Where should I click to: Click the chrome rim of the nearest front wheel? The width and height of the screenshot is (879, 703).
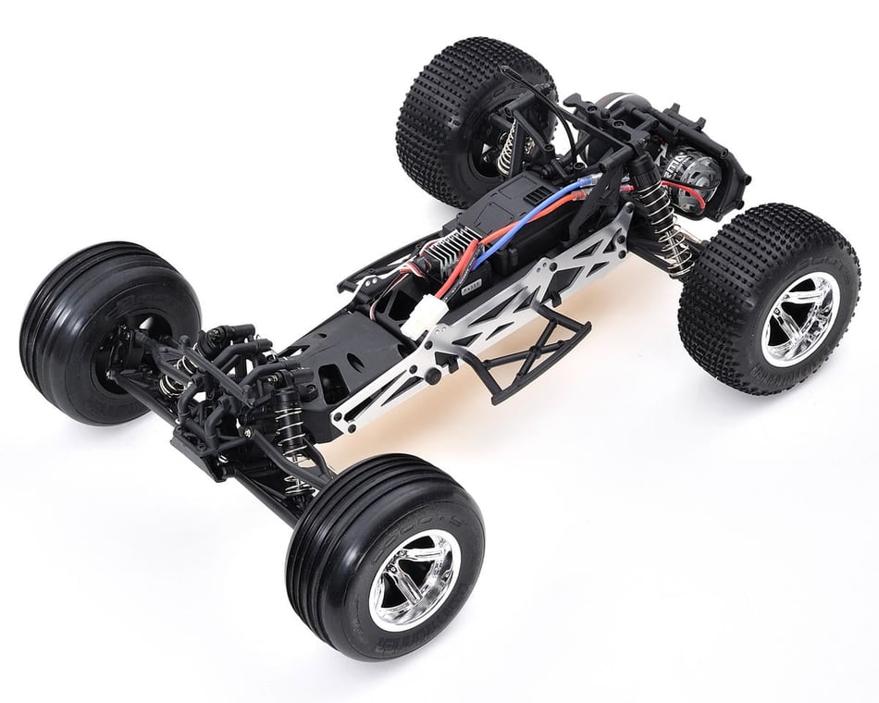tap(412, 579)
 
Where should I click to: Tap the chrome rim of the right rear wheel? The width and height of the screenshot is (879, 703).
tap(799, 318)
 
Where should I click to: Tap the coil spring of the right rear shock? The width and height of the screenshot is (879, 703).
tap(675, 242)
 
